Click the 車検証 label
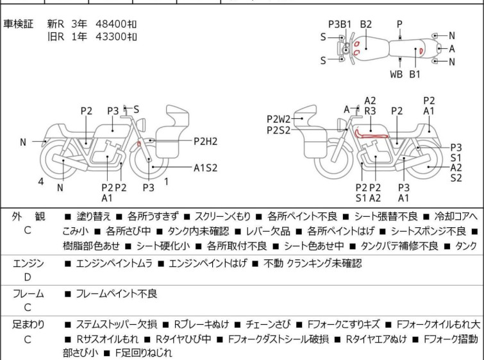(19, 24)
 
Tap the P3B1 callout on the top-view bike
(340, 24)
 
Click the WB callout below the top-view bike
(397, 74)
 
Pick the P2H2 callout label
(206, 141)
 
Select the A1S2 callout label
(206, 168)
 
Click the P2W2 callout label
(279, 119)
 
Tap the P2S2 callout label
(279, 130)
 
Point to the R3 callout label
(370, 110)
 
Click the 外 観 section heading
(28, 217)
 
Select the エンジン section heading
(28, 263)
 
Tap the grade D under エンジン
(28, 277)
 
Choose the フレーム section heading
(28, 294)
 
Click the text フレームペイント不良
(116, 294)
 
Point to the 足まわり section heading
(28, 325)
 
